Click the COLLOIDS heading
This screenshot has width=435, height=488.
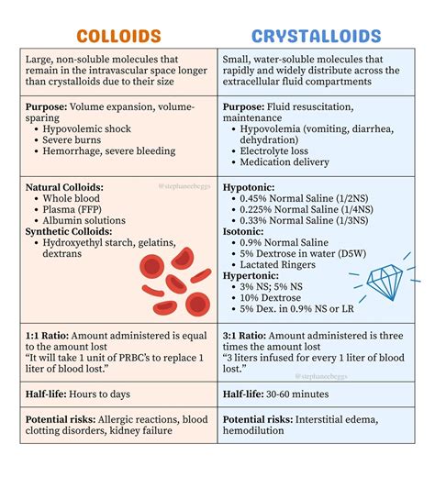[x=119, y=37]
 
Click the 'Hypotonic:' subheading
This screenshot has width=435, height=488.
[x=250, y=186]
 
